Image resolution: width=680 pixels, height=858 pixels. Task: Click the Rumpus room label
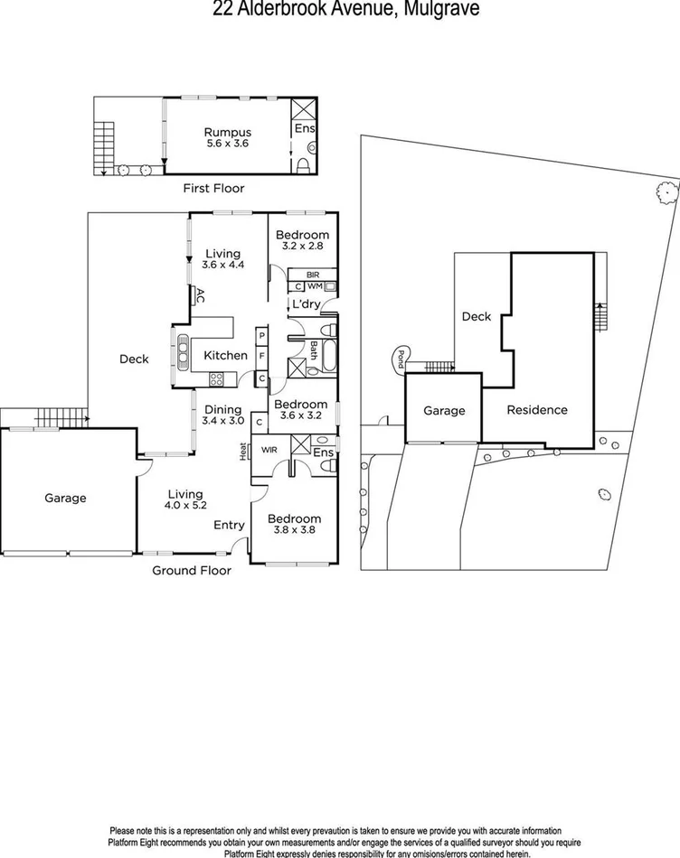click(x=227, y=132)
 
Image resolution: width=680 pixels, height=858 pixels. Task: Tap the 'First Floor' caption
click(x=213, y=188)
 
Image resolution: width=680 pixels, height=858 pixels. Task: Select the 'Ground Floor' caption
click(x=191, y=570)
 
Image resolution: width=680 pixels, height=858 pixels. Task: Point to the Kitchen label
click(x=225, y=355)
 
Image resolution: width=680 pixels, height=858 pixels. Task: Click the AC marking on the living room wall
click(x=199, y=295)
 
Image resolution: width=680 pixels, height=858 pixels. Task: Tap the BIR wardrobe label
click(x=314, y=274)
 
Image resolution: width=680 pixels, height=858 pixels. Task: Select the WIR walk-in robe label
click(x=269, y=449)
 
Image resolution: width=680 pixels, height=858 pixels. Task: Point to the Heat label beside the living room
click(x=243, y=451)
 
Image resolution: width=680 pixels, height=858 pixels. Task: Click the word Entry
click(x=228, y=525)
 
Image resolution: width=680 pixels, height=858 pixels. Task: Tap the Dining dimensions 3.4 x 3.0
click(x=223, y=421)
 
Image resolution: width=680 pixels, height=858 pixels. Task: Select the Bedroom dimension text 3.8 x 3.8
click(x=295, y=531)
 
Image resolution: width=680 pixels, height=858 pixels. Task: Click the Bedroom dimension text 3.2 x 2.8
click(x=302, y=246)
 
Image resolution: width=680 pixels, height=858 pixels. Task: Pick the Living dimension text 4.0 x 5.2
click(x=184, y=507)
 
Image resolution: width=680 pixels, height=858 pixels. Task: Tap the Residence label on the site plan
click(x=537, y=409)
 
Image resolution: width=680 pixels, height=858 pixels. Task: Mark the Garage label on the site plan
click(x=444, y=411)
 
